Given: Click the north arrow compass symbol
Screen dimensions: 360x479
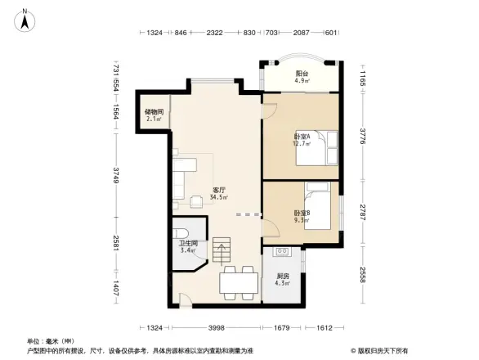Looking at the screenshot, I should (x=26, y=20).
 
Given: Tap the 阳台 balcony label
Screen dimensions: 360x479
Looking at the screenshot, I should (x=301, y=72).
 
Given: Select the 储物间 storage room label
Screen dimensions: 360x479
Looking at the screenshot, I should (x=154, y=112).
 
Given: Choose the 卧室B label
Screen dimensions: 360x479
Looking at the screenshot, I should (x=302, y=213).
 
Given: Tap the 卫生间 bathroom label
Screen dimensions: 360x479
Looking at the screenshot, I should (x=187, y=242).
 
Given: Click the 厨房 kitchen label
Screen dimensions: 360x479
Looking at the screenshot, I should (x=283, y=276).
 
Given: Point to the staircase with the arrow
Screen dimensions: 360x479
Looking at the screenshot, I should (x=223, y=250).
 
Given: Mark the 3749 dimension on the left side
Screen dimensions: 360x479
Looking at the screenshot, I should (x=117, y=174).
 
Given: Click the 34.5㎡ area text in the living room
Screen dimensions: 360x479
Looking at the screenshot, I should (x=218, y=197).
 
